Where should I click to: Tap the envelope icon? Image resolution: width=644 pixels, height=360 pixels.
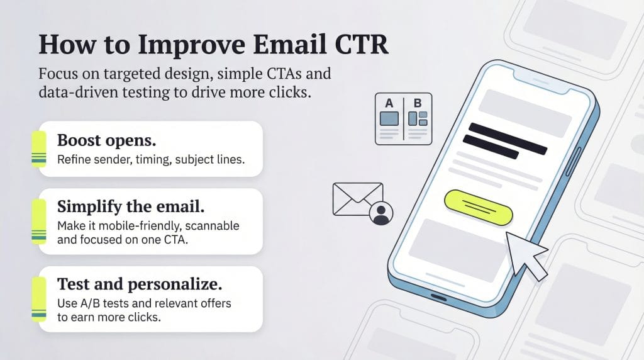pos(357,198)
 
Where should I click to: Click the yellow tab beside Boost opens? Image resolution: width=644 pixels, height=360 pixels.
pos(39,149)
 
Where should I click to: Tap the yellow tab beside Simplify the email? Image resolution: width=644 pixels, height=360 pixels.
pos(39,222)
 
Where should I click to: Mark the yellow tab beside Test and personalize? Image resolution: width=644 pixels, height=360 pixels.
pos(39,299)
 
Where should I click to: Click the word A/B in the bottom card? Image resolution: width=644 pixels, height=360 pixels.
pos(88,303)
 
